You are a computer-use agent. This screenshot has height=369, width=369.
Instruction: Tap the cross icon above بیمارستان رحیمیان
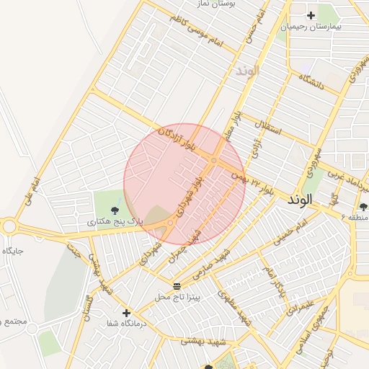311,14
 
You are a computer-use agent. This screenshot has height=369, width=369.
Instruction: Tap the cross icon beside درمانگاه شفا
127,313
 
